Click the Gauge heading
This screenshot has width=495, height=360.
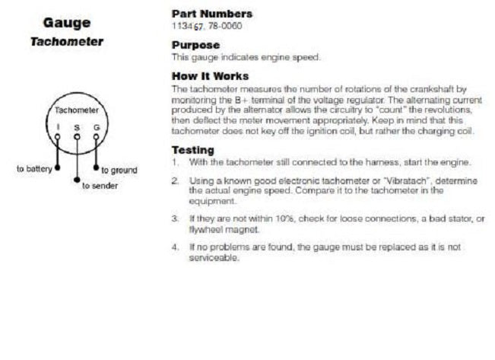[x=67, y=22]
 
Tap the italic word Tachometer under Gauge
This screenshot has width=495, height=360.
[x=67, y=41]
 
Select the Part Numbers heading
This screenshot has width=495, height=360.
[x=212, y=14]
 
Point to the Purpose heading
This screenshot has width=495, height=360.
[x=195, y=44]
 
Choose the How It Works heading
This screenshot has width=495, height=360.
[x=210, y=76]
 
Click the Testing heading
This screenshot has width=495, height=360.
[x=192, y=150]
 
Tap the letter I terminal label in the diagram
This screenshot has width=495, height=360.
[x=58, y=127]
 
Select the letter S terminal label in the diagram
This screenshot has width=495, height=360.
[x=77, y=127]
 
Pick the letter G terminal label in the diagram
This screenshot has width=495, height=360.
[x=96, y=127]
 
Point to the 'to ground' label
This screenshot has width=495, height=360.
[x=119, y=170]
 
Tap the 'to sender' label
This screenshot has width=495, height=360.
[x=100, y=186]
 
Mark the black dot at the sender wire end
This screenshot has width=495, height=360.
[x=77, y=180]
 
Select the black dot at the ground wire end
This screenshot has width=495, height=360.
[x=96, y=168]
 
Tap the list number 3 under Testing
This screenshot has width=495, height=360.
[x=175, y=218]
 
